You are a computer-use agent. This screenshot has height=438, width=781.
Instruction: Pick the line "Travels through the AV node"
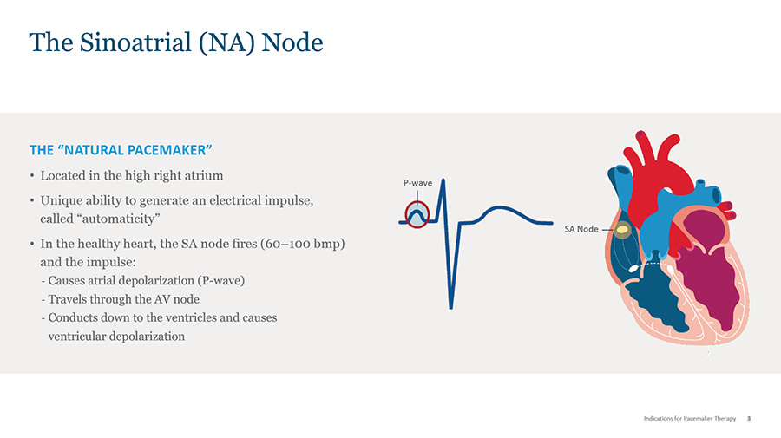[124, 299]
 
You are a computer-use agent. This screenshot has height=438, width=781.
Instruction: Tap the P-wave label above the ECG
[417, 183]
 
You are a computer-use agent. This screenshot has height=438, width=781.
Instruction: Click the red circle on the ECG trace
[417, 213]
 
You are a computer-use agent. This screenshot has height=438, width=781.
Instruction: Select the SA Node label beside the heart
[581, 229]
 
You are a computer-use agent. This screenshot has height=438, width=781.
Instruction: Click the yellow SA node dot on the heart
[622, 230]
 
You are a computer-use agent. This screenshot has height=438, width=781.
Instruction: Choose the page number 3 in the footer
[749, 419]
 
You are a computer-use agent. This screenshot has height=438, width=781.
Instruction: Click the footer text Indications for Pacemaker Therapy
[689, 419]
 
